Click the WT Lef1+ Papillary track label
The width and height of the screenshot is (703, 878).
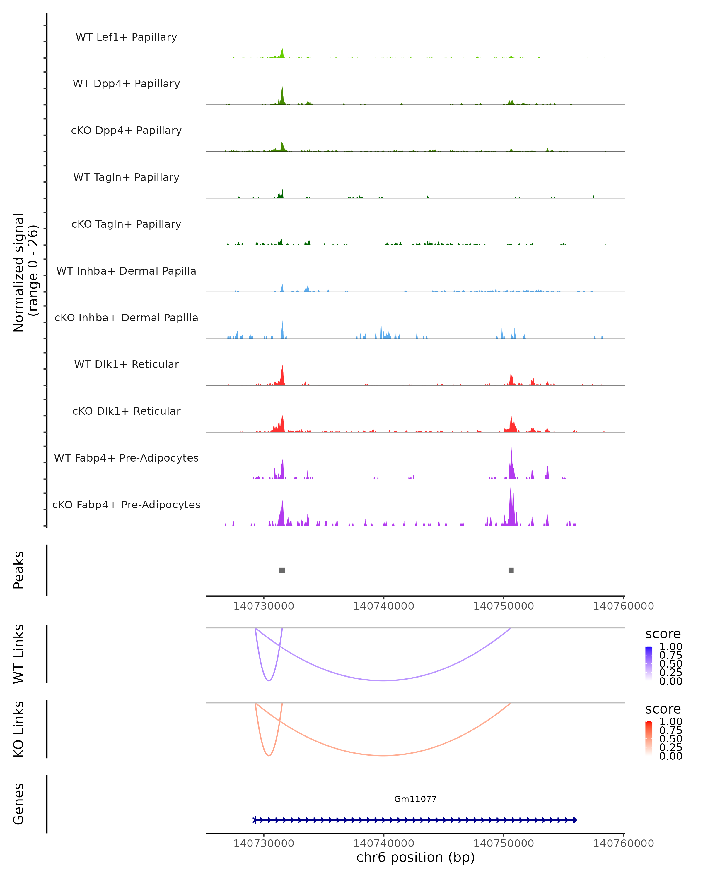[x=126, y=37]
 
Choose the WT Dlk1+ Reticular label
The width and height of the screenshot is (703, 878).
[x=126, y=364]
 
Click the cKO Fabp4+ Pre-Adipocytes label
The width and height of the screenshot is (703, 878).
[x=126, y=505]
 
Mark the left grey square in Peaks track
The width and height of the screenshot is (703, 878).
[x=282, y=570]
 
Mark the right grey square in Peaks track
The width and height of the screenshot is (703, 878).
[x=511, y=570]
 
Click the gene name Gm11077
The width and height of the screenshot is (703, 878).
[x=415, y=799]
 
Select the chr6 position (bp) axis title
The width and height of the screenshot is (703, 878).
[x=415, y=857]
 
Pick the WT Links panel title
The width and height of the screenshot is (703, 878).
[x=19, y=654]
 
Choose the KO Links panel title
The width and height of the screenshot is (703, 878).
[x=19, y=729]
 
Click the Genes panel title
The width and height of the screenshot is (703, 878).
[x=19, y=804]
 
